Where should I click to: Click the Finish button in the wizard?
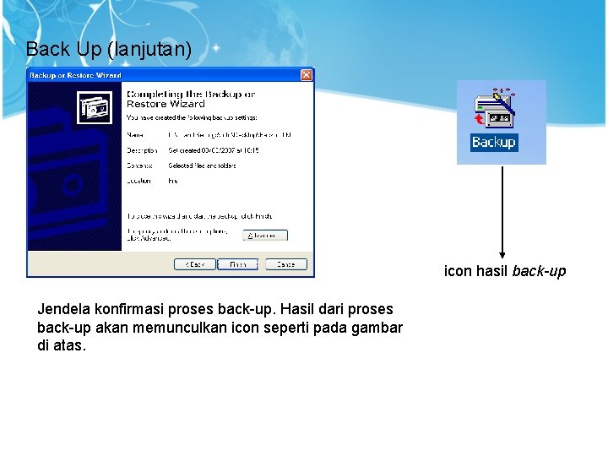pyautogui.click(x=240, y=264)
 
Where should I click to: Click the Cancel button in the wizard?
pyautogui.click(x=285, y=264)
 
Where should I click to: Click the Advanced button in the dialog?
pyautogui.click(x=265, y=235)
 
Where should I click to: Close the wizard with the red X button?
pyautogui.click(x=307, y=75)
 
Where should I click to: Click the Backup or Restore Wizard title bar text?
pyautogui.click(x=76, y=75)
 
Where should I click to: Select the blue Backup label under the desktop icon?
pyautogui.click(x=493, y=143)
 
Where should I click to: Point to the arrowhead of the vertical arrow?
pyautogui.click(x=502, y=254)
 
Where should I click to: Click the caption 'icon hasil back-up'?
pyautogui.click(x=505, y=272)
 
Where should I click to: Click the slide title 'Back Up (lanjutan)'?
pyautogui.click(x=109, y=49)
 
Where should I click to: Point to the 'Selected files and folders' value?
pyautogui.click(x=202, y=166)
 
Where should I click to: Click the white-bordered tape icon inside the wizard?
pyautogui.click(x=95, y=107)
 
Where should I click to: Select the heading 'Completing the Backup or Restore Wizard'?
pyautogui.click(x=190, y=98)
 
